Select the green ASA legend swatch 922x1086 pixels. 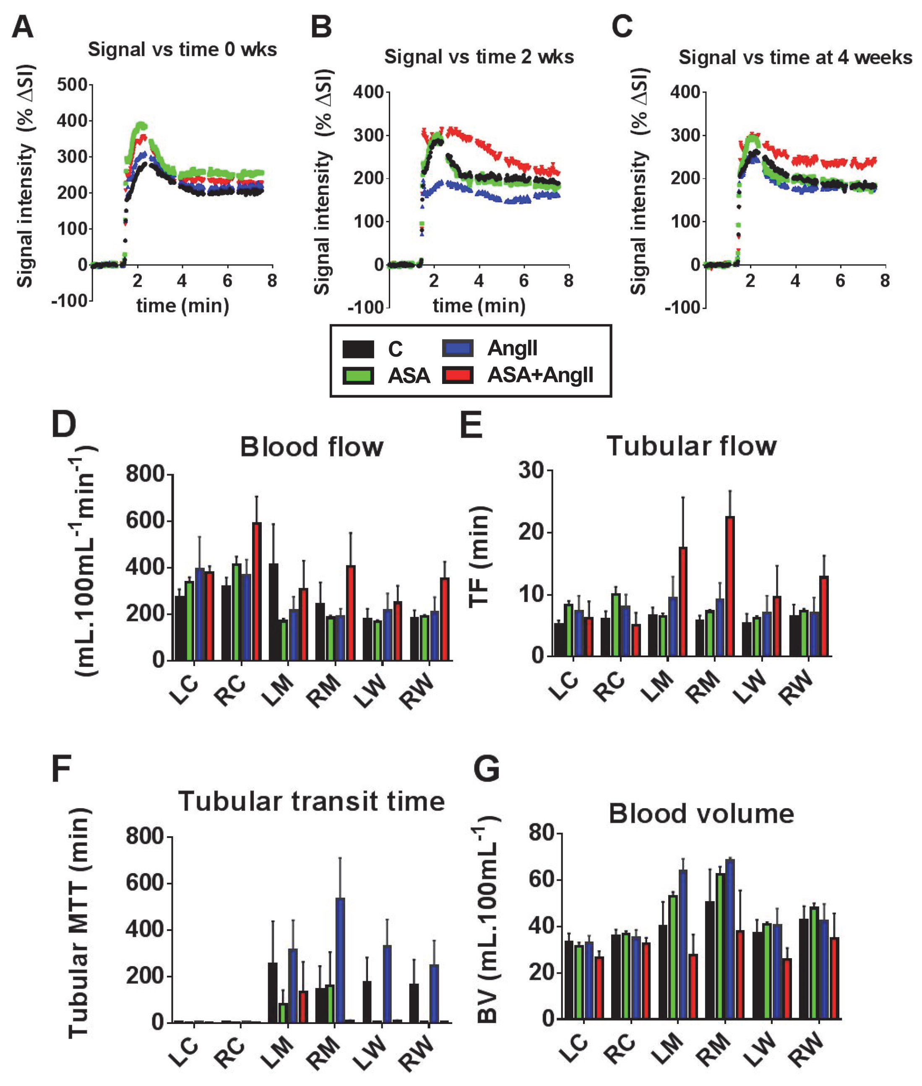click(358, 375)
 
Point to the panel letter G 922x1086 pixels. click(486, 769)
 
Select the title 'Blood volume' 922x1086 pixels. click(701, 814)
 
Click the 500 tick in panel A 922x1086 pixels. click(72, 85)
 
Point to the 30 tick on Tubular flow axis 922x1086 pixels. click(531, 470)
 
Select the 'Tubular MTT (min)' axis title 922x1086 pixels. click(78, 923)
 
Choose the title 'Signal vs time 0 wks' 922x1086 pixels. click(182, 49)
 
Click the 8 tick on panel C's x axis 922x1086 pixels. click(884, 281)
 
